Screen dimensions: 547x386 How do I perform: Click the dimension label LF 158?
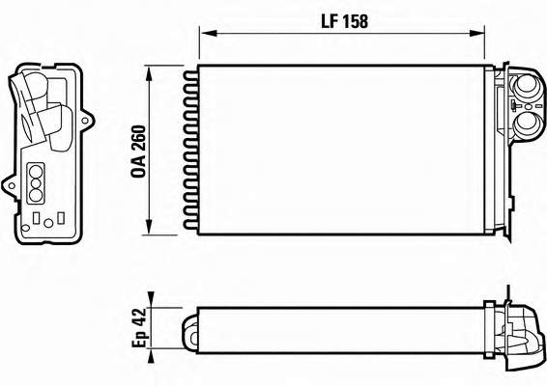tap(344, 21)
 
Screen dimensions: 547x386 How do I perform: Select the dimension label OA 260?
tap(138, 152)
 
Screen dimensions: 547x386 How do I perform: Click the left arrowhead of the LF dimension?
tap(209, 33)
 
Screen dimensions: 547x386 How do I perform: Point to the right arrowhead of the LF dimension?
tap(476, 34)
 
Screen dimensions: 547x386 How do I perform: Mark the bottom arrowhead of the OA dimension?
tap(149, 227)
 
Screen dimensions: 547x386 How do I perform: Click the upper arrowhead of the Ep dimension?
tap(151, 300)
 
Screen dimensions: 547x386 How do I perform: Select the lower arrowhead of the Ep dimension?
tap(151, 356)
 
